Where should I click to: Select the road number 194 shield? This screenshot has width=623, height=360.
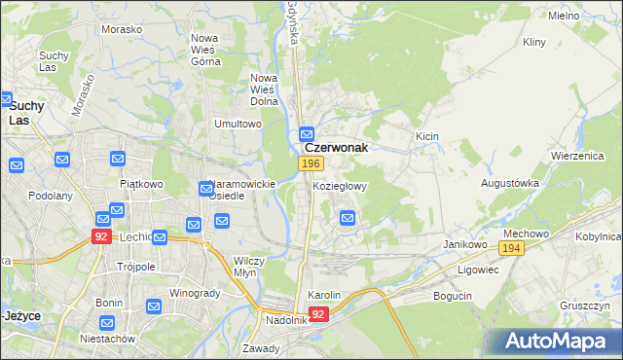point(514,251)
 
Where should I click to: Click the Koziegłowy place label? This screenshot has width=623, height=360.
point(339,186)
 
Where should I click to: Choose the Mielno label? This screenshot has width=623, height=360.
point(591,17)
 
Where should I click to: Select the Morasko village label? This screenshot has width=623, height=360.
point(122,29)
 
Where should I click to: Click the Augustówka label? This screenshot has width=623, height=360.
point(510,183)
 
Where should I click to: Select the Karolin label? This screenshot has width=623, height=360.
point(324,295)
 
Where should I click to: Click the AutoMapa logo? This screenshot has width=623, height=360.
point(559,341)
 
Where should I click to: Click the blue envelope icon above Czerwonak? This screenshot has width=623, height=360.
point(307,133)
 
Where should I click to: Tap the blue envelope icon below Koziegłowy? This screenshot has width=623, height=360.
point(348,219)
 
